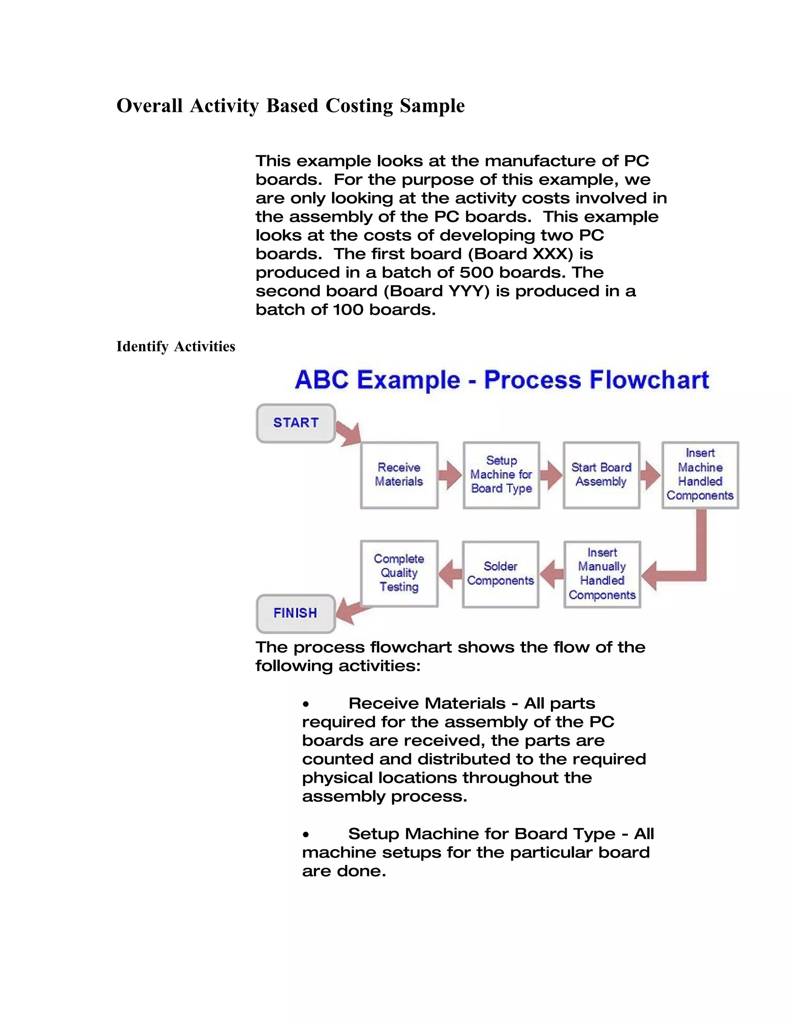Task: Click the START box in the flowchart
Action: (296, 423)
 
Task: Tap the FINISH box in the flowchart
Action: (295, 613)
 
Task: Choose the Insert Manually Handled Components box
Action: (602, 574)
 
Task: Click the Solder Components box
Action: (500, 574)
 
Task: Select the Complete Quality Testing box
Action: (399, 573)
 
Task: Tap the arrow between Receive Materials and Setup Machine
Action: (451, 475)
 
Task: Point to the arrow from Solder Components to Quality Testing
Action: (450, 574)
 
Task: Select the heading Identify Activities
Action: (176, 347)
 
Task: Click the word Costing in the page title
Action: (359, 106)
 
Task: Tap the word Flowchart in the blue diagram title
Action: (649, 379)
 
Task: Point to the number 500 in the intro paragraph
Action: (474, 272)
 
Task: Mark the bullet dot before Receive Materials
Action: (306, 704)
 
